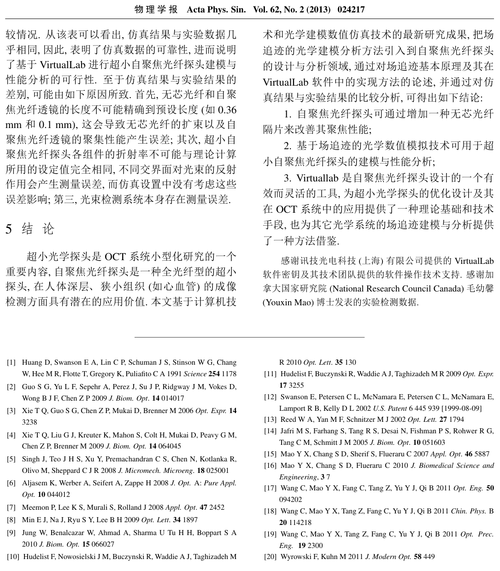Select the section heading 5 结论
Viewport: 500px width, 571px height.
[x=30, y=229]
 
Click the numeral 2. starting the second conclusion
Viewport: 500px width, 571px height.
[x=288, y=146]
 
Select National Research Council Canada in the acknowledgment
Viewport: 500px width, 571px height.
[x=397, y=289]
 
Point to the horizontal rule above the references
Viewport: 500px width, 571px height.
[x=249, y=337]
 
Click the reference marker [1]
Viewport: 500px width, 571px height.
[x=11, y=363]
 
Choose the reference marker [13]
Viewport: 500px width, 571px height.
[x=270, y=420]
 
